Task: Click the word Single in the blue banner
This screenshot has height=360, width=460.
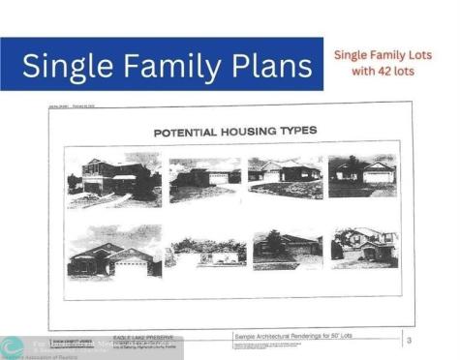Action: click(x=64, y=66)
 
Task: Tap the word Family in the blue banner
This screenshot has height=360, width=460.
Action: click(x=167, y=66)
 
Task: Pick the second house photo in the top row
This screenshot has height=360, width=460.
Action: click(x=204, y=179)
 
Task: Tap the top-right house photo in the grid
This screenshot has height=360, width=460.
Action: click(x=362, y=175)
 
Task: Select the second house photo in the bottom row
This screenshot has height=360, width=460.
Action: click(x=204, y=253)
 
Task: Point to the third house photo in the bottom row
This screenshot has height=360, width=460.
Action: click(x=287, y=249)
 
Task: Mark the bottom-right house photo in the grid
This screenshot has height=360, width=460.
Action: click(x=363, y=248)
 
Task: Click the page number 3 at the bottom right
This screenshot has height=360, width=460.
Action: click(x=409, y=340)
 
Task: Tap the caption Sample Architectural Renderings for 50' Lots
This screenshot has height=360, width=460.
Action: click(x=298, y=337)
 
